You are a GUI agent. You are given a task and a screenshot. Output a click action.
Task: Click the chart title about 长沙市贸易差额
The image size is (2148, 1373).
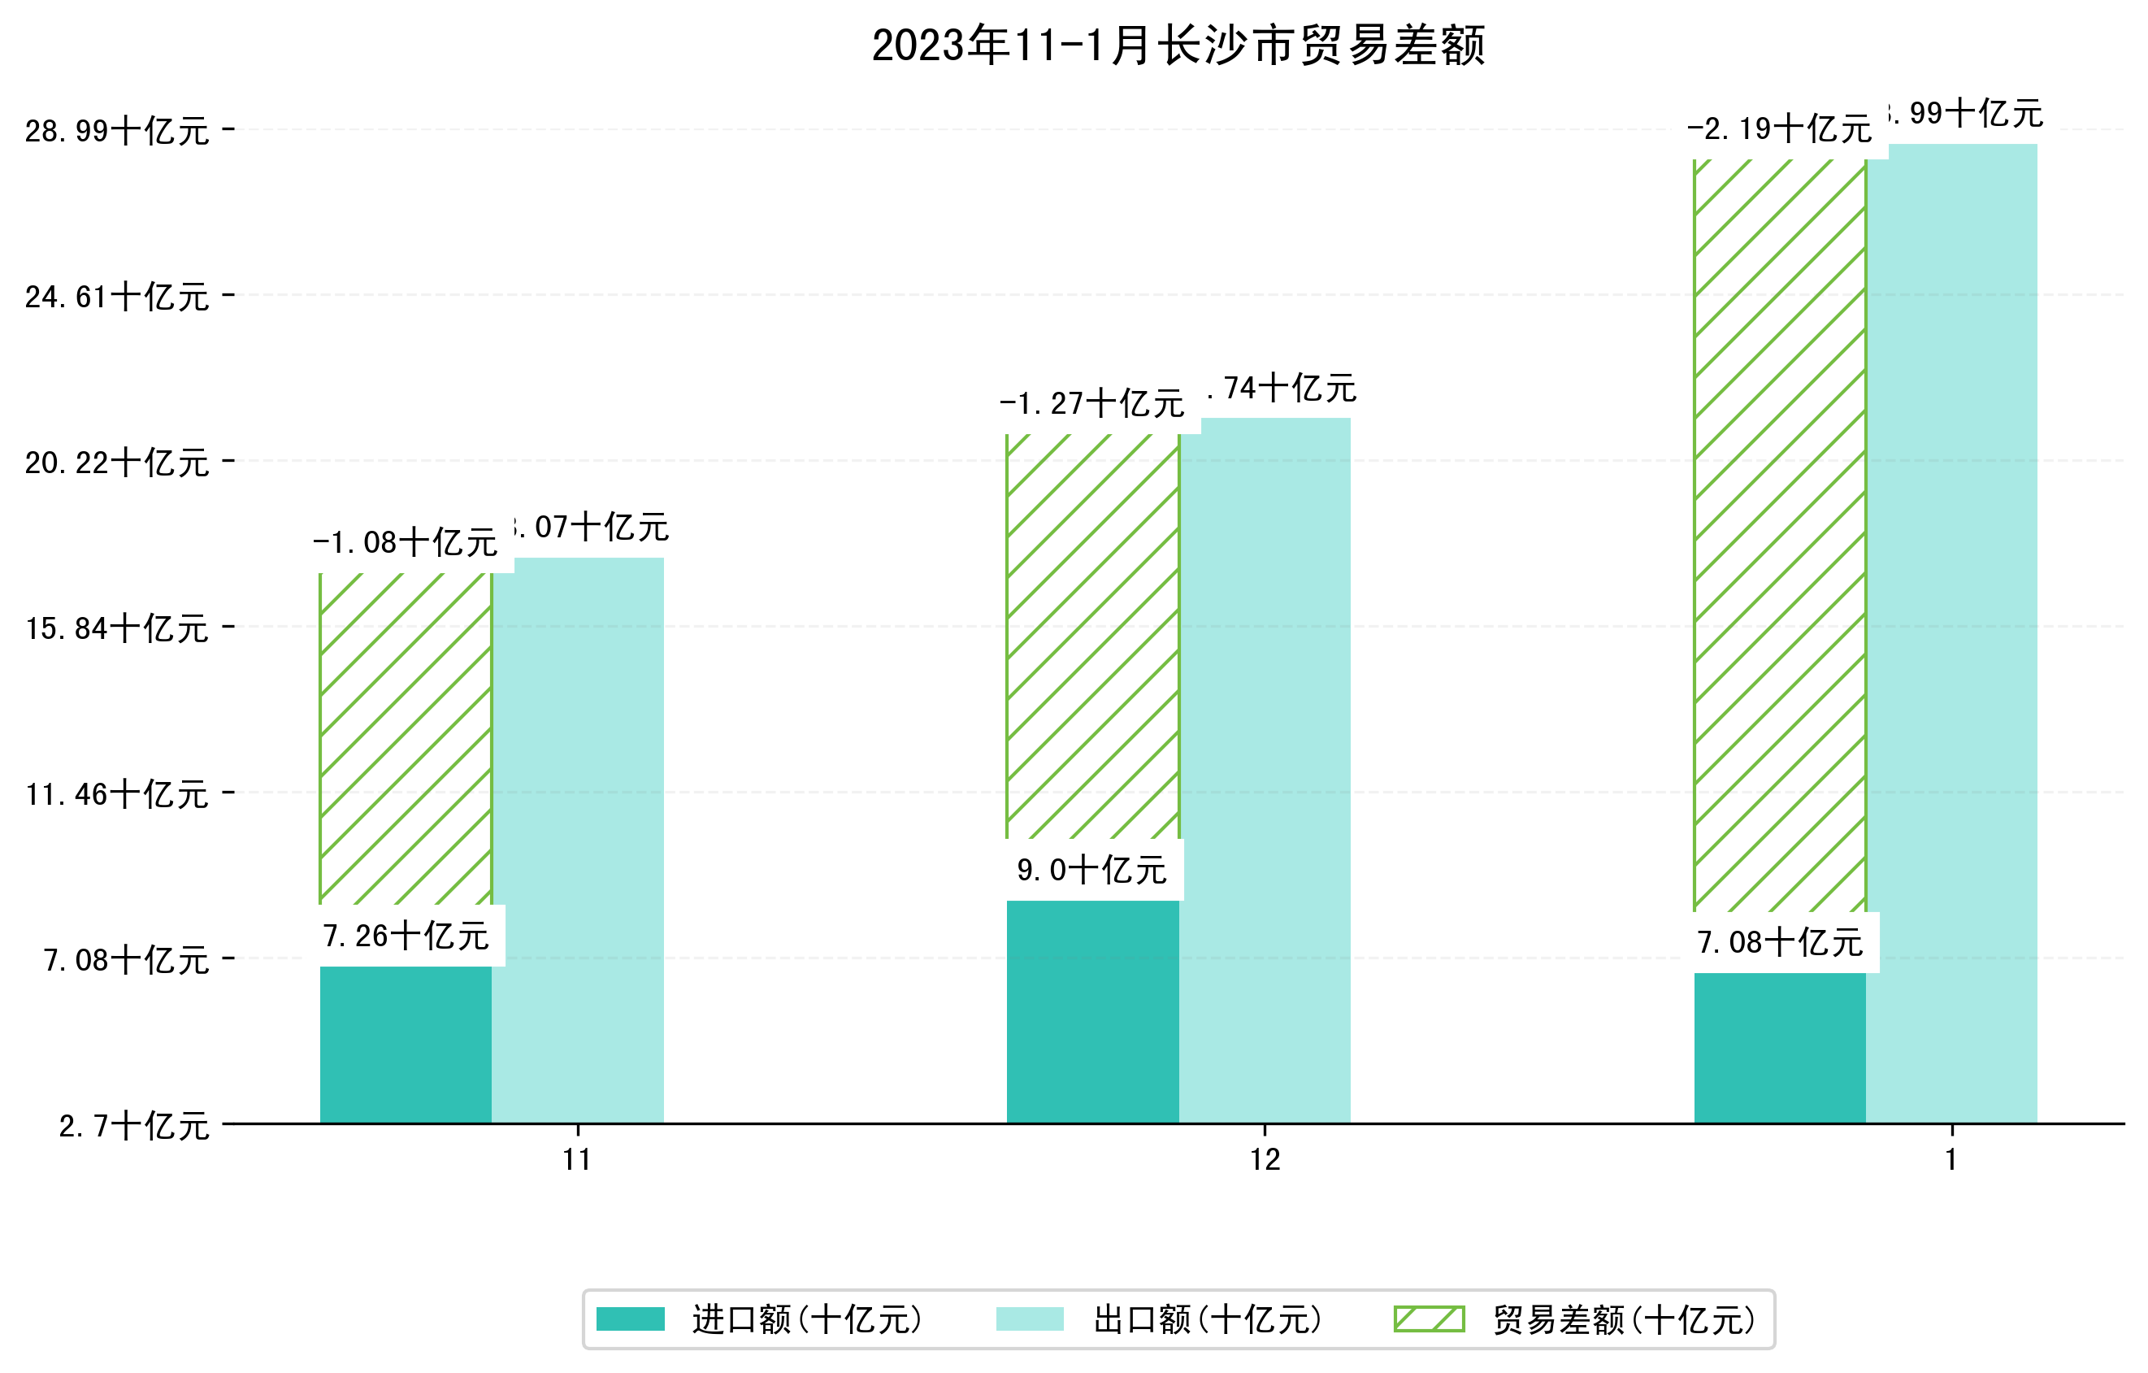pyautogui.click(x=1178, y=46)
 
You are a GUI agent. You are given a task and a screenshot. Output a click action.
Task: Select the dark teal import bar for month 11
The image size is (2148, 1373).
pyautogui.click(x=406, y=1045)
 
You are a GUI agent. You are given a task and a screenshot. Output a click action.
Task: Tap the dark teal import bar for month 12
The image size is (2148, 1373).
pyautogui.click(x=1093, y=1012)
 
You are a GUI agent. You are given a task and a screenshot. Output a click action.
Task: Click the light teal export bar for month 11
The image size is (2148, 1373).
pyautogui.click(x=578, y=840)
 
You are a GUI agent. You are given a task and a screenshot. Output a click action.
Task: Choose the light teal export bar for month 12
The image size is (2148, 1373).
pyautogui.click(x=1265, y=770)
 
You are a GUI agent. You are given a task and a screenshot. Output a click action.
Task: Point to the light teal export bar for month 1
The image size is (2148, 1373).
pyautogui.click(x=1952, y=632)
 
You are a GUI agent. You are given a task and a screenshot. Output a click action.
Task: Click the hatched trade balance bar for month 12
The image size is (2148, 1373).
pyautogui.click(x=1093, y=635)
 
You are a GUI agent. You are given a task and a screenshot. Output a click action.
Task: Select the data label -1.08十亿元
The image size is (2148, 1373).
pyautogui.click(x=406, y=542)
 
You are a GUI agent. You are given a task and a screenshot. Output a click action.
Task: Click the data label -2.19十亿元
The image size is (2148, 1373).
pyautogui.click(x=1780, y=129)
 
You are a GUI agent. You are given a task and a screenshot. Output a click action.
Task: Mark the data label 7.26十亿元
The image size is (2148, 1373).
pyautogui.click(x=406, y=936)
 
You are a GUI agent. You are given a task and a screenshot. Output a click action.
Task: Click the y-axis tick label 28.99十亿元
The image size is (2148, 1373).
pyautogui.click(x=117, y=131)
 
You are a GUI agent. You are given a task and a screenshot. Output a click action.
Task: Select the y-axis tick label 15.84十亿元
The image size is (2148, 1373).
pyautogui.click(x=117, y=629)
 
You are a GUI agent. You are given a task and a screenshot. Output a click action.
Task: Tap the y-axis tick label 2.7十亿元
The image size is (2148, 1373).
pyautogui.click(x=134, y=1126)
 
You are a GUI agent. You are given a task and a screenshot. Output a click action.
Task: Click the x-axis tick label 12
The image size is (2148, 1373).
pyautogui.click(x=1265, y=1160)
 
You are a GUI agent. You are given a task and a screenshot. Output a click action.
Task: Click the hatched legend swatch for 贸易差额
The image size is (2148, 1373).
pyautogui.click(x=1429, y=1319)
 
